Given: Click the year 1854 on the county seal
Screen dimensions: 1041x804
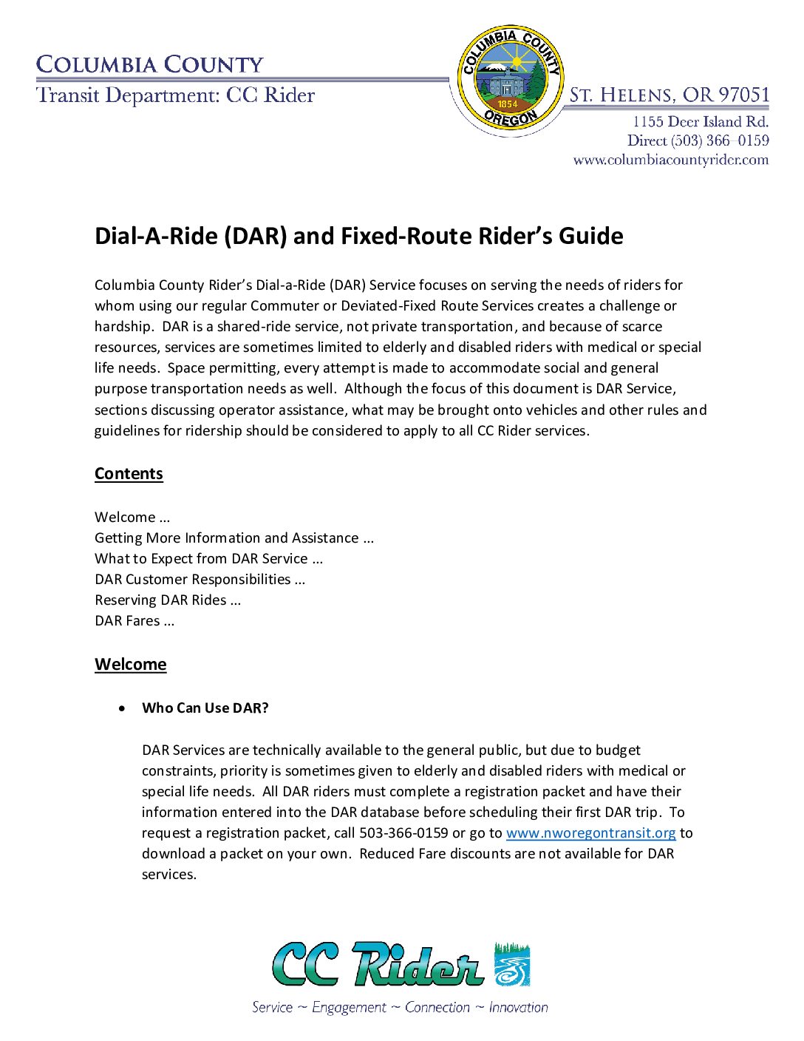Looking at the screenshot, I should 508,104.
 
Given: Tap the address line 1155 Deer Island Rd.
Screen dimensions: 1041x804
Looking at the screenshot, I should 700,122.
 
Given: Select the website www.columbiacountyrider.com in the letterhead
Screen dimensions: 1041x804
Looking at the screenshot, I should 670,160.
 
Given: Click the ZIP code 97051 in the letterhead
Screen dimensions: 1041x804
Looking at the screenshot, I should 744,95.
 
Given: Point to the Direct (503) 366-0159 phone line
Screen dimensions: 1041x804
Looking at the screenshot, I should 698,140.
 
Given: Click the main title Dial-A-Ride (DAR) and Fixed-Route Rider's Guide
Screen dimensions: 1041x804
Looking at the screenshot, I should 358,236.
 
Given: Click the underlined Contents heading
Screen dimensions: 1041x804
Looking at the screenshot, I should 129,474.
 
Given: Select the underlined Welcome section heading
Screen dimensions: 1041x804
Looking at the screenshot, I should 130,664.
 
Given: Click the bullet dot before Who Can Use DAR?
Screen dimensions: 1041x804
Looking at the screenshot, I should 122,708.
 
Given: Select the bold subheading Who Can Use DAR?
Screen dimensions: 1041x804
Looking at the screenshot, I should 205,708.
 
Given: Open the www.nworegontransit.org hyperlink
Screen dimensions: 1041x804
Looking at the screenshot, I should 590,833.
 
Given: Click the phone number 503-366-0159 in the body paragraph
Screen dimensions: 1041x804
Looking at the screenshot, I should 403,833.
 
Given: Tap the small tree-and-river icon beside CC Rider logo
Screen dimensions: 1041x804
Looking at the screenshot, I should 512,964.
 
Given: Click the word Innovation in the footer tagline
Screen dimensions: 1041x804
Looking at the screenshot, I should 518,1008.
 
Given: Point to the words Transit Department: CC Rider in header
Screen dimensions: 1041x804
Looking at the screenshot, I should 176,95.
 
